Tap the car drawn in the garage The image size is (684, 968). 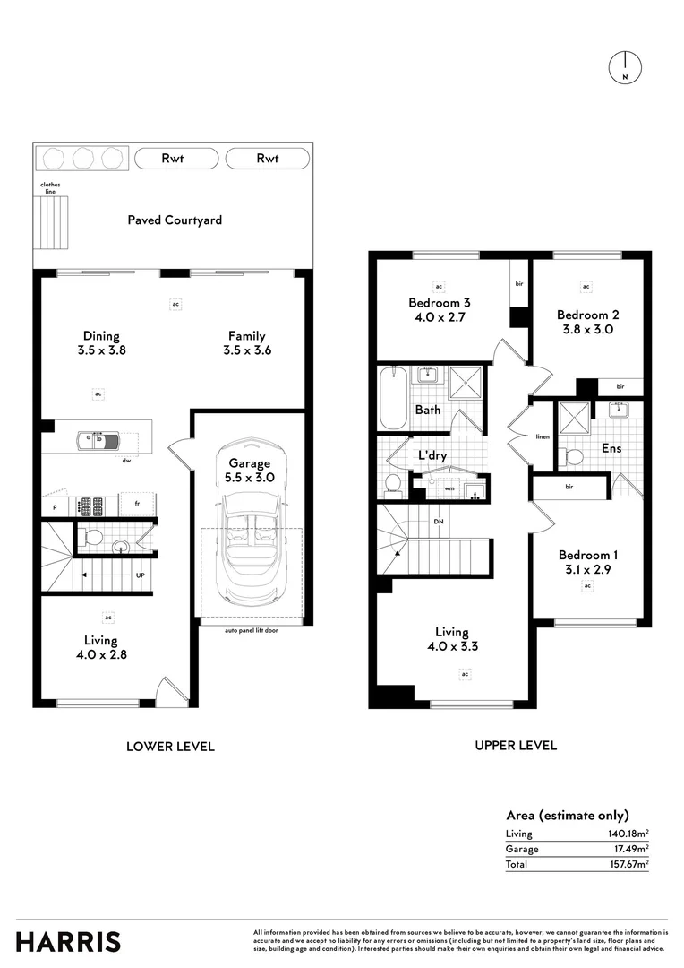[x=251, y=529]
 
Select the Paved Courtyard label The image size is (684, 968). [x=175, y=220]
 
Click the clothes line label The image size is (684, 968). [x=50, y=188]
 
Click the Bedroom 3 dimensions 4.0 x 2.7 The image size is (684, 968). [x=433, y=316]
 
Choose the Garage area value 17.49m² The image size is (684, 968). [x=628, y=849]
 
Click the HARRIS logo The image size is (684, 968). [x=68, y=942]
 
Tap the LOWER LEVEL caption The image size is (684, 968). [x=170, y=746]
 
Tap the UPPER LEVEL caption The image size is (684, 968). [x=516, y=745]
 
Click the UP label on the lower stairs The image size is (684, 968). [x=140, y=575]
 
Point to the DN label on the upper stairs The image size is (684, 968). [x=438, y=521]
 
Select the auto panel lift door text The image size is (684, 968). [x=251, y=631]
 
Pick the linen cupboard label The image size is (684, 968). [x=542, y=437]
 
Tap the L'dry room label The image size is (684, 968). [x=432, y=455]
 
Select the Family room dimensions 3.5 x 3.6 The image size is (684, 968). [x=246, y=350]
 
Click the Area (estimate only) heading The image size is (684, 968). [x=567, y=815]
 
